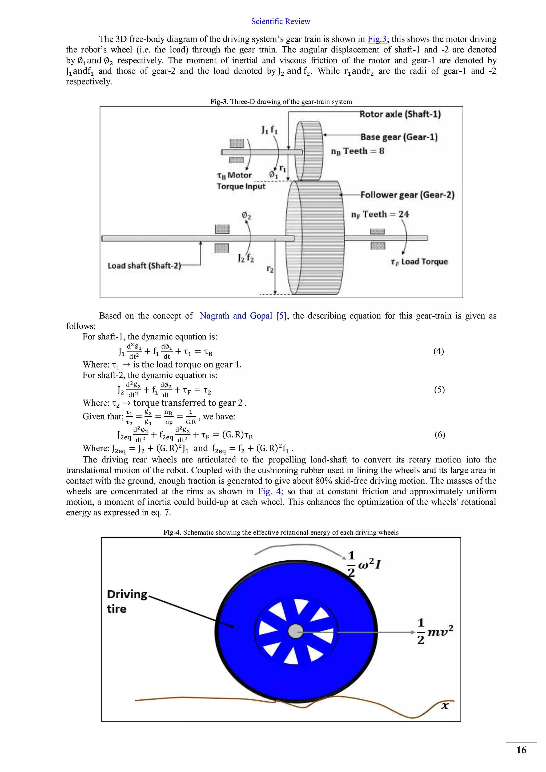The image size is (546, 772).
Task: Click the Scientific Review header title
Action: [x=280, y=22]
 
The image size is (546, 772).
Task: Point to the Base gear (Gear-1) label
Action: [x=399, y=137]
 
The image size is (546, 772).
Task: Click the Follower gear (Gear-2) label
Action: [x=407, y=195]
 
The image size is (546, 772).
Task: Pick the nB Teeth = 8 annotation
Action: [x=358, y=151]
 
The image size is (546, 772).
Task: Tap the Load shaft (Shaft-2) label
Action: [x=144, y=266]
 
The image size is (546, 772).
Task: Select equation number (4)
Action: [x=438, y=351]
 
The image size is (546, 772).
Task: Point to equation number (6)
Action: [x=440, y=435]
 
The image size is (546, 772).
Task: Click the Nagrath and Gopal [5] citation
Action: [x=243, y=316]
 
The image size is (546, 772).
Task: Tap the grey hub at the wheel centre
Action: [x=295, y=632]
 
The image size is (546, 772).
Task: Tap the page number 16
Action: [x=521, y=750]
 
